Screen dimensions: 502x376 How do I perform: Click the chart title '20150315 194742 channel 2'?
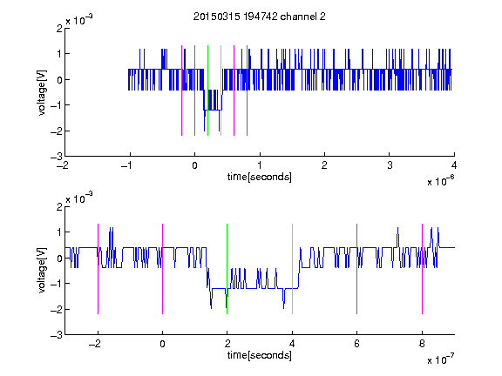coord(260,17)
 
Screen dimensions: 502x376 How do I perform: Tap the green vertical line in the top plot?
coord(207,91)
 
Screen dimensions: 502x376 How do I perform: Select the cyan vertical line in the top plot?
coord(220,91)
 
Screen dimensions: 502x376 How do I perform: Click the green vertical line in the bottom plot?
coord(227,269)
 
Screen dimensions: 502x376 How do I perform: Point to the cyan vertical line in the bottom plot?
coord(292,269)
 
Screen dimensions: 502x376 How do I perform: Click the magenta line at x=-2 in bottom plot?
coord(98,269)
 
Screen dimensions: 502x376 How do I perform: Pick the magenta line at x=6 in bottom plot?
coord(357,269)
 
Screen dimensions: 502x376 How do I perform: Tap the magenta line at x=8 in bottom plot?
coord(423,269)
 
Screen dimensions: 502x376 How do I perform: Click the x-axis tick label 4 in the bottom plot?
coord(292,344)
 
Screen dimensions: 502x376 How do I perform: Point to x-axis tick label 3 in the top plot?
coord(390,165)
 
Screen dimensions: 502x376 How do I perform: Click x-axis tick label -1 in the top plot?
coord(127,165)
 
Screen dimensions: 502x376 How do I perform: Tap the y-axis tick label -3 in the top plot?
coord(57,157)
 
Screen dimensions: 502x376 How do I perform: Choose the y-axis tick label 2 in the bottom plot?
coord(59,206)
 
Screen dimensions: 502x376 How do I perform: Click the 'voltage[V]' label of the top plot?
coord(42,92)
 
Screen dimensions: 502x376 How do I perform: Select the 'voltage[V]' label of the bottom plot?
coord(42,271)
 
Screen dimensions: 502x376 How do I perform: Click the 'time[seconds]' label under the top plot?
coord(260,177)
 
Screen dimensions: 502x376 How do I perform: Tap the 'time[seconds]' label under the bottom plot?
coord(260,355)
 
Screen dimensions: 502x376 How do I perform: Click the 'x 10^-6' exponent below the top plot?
coord(441,180)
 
